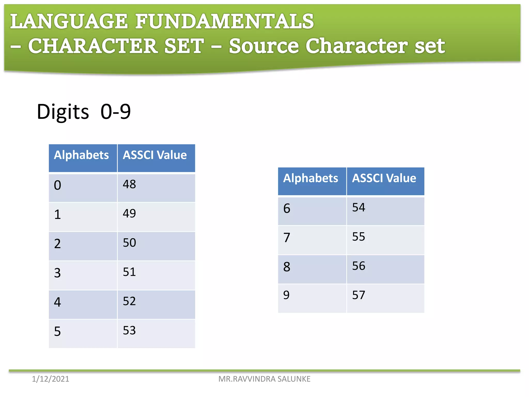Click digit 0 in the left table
coord(58,185)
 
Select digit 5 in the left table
coord(58,331)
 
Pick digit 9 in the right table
coord(286,295)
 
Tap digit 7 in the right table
coord(287,238)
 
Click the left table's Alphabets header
coord(81,155)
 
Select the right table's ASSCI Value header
coord(384,178)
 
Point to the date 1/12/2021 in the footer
coord(51,379)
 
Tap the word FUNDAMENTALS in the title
coord(224,21)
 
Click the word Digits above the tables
coord(63,112)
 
